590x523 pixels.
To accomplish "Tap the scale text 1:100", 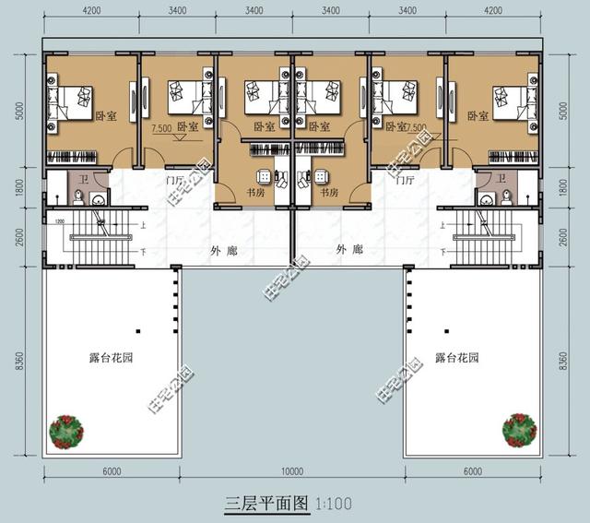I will click(x=333, y=505).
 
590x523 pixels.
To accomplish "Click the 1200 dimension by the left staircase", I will click(x=59, y=222).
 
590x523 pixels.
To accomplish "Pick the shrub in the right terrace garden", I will click(x=519, y=429).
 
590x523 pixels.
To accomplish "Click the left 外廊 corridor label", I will click(x=222, y=250).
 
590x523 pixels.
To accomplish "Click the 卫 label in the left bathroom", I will click(x=84, y=179).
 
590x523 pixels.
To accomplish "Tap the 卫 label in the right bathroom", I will click(x=501, y=179).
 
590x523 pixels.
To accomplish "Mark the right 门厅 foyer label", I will click(x=404, y=181).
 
